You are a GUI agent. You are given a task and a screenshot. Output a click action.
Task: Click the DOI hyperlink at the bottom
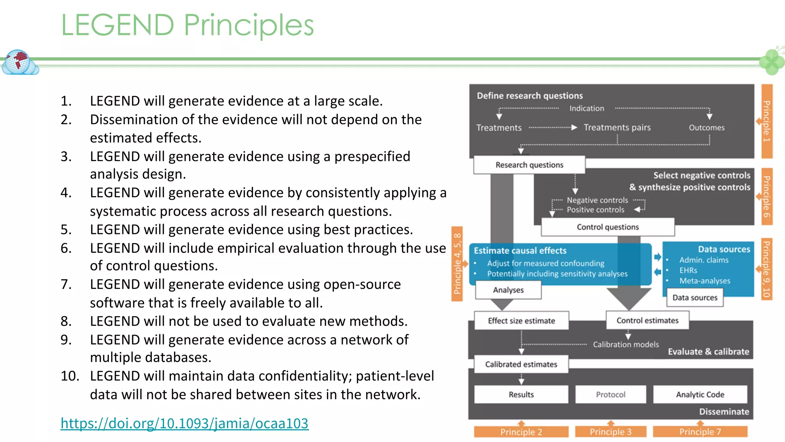point(184,423)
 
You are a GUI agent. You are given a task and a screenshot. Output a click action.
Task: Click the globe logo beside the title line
point(19,62)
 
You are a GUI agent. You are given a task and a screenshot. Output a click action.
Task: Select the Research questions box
point(529,165)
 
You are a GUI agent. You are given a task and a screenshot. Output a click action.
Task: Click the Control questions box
point(608,227)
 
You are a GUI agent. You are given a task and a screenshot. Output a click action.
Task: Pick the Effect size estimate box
point(521,321)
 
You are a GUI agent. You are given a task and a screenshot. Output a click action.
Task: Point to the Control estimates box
point(647,320)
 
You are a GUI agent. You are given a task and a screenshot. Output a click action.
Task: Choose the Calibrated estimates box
point(521,364)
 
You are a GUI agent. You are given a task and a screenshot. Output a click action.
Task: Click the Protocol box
point(610,394)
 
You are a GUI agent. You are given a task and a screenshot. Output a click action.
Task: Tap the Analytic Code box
point(700,394)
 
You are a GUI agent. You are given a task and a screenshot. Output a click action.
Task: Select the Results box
point(521,394)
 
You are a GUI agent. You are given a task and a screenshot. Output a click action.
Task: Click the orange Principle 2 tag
point(521,432)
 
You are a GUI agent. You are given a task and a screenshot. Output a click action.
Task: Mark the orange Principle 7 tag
point(700,432)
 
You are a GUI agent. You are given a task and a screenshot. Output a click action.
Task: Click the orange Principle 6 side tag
point(767,196)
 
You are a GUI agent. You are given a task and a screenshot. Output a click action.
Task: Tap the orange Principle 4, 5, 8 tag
point(457,264)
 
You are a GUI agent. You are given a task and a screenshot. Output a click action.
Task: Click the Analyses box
point(508,290)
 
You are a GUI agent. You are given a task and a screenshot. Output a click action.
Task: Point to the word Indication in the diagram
point(586,109)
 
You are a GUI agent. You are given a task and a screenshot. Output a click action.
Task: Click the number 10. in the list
point(70,376)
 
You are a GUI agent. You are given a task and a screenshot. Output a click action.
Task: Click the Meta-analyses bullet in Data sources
point(705,281)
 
